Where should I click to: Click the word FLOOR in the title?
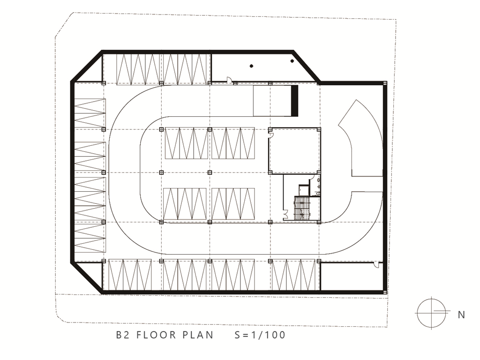point(156,335)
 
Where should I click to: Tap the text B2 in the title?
point(122,335)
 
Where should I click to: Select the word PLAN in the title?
point(198,335)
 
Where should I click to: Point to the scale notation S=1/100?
point(260,335)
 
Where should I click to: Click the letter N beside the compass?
point(461,315)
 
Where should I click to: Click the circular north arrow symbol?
point(432,313)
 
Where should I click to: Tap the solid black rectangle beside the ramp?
point(294,101)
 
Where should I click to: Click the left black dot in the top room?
point(251,66)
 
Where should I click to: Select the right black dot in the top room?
point(292,61)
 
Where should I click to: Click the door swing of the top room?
point(228,79)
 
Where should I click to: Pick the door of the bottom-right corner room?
point(376,265)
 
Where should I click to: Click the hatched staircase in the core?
point(302,208)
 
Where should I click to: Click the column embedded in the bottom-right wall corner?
point(384,292)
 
